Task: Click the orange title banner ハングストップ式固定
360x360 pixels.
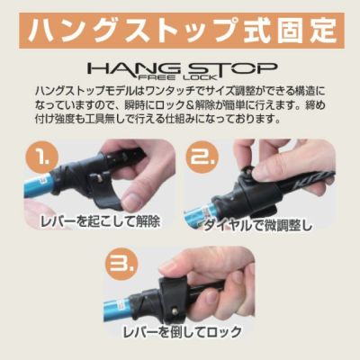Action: (x=182, y=31)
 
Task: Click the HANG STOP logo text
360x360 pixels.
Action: (x=182, y=69)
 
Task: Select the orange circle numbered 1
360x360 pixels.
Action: (x=41, y=157)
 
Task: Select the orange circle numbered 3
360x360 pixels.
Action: (x=122, y=264)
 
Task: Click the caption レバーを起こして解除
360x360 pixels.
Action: (x=100, y=222)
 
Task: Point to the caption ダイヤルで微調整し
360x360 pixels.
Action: (x=258, y=226)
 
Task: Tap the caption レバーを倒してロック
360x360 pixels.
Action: (x=183, y=332)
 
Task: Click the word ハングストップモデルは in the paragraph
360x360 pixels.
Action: (x=85, y=91)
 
